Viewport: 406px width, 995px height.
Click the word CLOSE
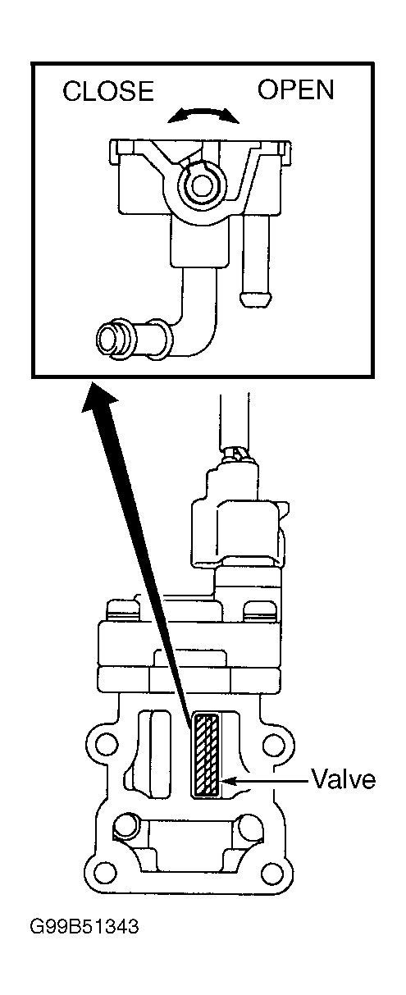[x=108, y=90]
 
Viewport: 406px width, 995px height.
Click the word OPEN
[x=296, y=89]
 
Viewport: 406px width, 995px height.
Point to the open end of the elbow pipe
[x=108, y=340]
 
